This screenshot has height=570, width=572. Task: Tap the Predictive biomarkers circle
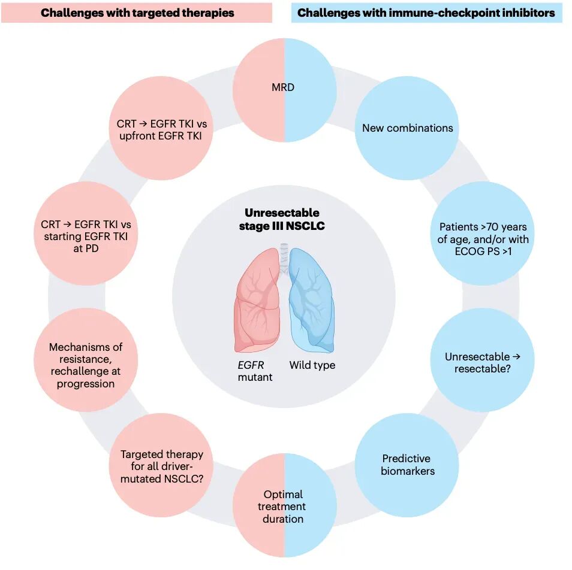click(407, 465)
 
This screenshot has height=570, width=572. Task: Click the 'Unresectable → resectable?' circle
click(482, 362)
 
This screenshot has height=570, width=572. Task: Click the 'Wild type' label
click(312, 365)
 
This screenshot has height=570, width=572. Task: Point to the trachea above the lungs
click(284, 251)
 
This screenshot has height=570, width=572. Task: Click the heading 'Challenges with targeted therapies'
click(137, 12)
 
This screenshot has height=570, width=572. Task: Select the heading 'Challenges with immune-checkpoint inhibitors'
click(426, 12)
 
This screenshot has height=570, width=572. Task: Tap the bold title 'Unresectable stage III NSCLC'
click(282, 219)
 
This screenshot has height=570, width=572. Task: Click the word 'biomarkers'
click(408, 471)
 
